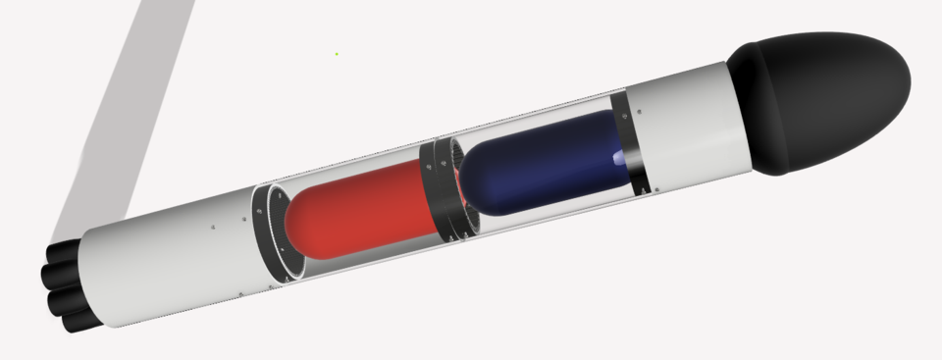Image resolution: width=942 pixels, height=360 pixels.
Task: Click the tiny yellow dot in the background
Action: point(337,54)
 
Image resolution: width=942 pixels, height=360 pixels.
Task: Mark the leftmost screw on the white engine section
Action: point(212,228)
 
